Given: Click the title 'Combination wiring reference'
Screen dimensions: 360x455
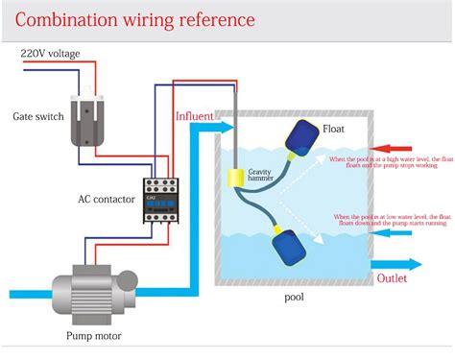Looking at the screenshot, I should pyautogui.click(x=135, y=19).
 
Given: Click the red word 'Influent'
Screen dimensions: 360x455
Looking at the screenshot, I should pyautogui.click(x=195, y=116).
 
